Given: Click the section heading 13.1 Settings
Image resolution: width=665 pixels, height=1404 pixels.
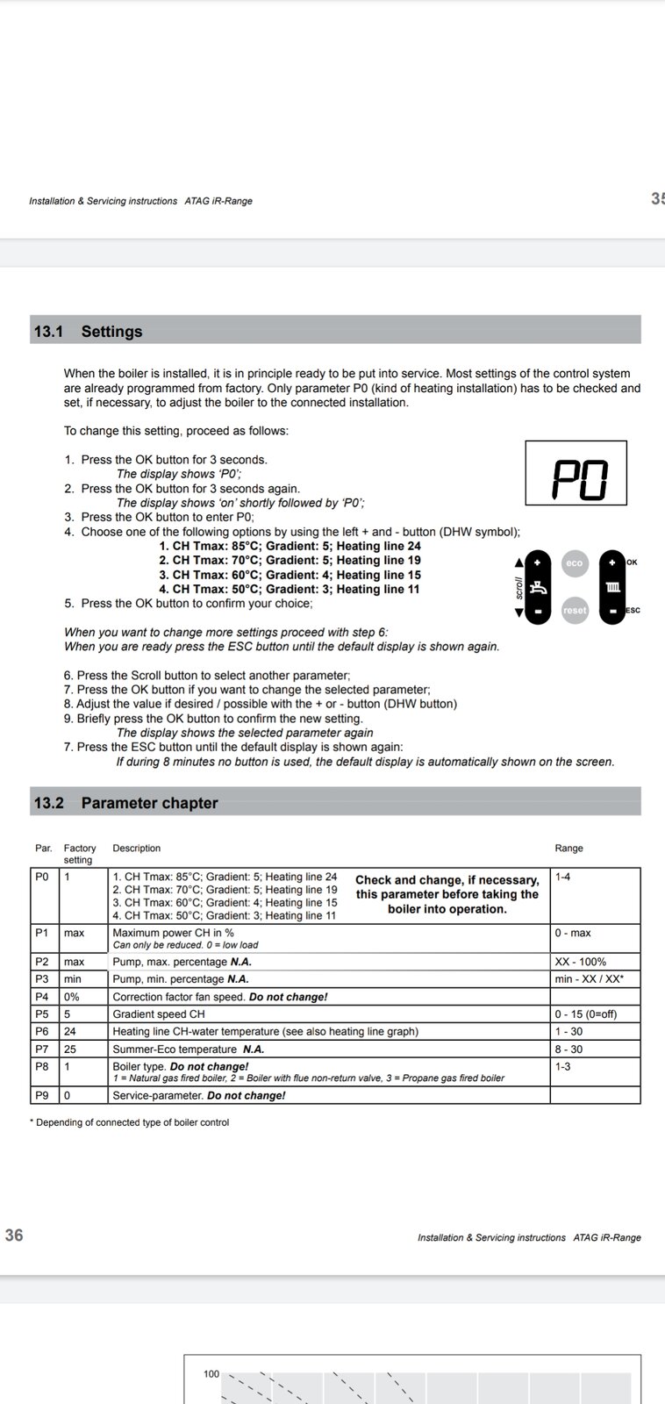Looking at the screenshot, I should point(88,332).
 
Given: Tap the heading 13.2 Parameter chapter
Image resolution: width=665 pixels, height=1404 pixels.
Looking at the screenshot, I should point(125,803).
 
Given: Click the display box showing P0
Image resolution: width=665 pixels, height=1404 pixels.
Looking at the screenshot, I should point(576,473).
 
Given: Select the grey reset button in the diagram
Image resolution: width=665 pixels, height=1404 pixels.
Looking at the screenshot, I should point(574,610).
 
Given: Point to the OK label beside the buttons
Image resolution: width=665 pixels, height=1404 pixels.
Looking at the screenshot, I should point(633,562).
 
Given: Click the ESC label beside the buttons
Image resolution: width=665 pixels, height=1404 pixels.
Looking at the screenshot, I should point(633,610).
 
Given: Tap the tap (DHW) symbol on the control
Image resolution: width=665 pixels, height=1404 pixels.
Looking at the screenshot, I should point(538,586).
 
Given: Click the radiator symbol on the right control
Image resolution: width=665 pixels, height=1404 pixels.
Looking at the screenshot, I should point(612,586).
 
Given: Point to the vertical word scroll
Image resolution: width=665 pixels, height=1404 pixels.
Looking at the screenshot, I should point(519,586).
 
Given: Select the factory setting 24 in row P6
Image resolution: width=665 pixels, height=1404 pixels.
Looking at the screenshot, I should point(70,1032).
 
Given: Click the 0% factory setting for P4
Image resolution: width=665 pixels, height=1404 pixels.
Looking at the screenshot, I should point(72,997).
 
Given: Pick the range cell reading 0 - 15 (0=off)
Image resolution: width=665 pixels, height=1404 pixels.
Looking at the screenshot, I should point(585,1014).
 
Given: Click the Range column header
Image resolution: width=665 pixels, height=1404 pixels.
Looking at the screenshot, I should point(568,849).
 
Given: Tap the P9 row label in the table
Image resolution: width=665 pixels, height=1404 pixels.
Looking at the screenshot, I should point(42,1095).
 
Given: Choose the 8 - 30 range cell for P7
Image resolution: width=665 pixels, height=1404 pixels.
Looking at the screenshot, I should point(568,1049).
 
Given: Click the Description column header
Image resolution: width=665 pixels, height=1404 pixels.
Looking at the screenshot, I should point(137,849).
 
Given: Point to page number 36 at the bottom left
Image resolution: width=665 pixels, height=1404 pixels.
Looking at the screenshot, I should point(14,1236).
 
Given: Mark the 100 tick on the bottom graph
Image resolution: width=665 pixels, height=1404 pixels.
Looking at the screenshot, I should point(211,1374).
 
